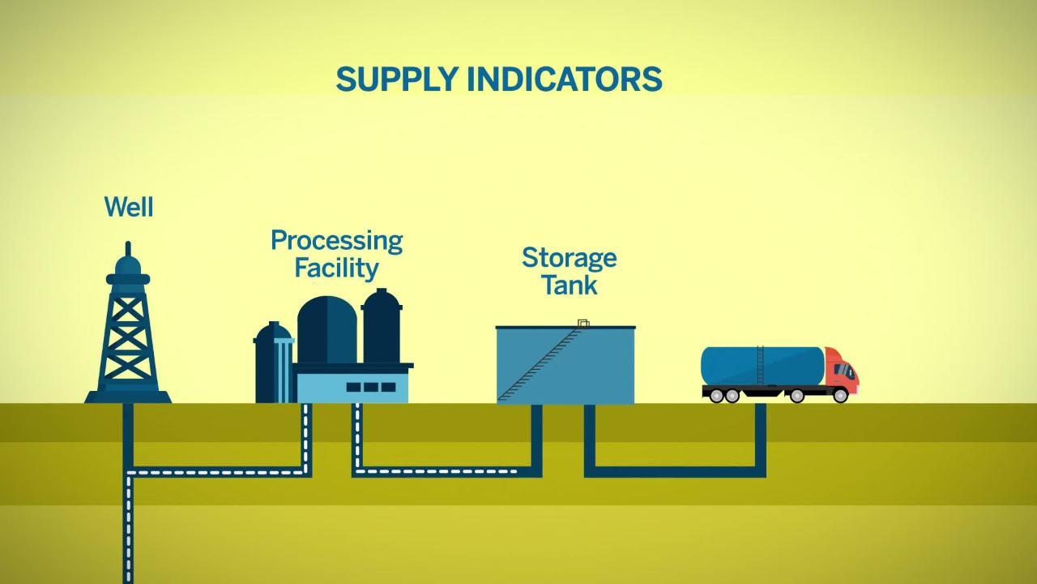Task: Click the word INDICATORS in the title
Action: pos(565,79)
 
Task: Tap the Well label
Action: pos(129,207)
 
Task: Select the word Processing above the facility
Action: pos(336,240)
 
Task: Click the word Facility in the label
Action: pos(336,268)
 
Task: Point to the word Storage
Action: pos(569,258)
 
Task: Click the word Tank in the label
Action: pos(569,286)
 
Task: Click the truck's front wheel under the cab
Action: pos(840,396)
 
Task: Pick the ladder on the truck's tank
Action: pos(760,365)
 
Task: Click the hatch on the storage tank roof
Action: pos(583,324)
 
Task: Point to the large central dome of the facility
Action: pos(326,328)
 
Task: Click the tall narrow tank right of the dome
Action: pos(382,328)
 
